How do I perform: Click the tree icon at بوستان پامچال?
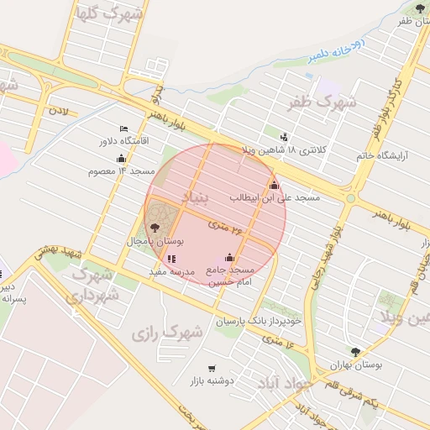coord(154,227)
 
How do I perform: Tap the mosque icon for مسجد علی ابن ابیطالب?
coord(274,185)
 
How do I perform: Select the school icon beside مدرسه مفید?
coord(172,259)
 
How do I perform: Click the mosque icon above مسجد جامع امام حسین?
coord(230,257)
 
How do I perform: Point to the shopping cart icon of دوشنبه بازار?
coord(212,368)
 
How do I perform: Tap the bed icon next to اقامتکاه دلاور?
coord(124,128)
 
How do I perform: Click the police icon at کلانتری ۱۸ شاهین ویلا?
coord(284,137)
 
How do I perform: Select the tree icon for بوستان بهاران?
coord(355,353)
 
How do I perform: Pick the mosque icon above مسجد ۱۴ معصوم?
coord(122,158)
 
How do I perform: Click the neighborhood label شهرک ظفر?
coord(322,102)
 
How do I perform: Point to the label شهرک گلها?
coord(109,14)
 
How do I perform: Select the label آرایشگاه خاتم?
coord(375,155)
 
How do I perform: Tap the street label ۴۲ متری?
coord(226,228)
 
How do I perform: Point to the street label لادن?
coord(57,110)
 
